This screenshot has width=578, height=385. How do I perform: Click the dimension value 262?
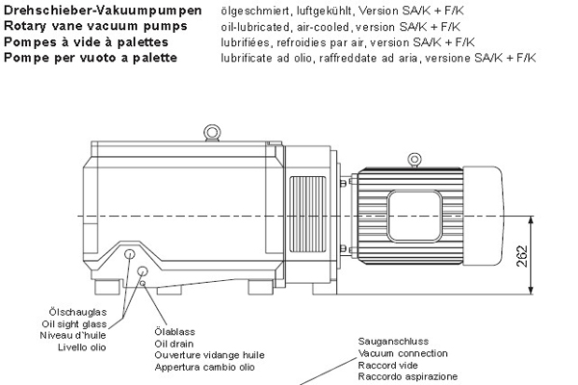[522, 256]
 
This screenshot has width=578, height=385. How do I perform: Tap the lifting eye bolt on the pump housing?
[212, 132]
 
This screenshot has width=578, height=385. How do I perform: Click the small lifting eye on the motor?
[414, 160]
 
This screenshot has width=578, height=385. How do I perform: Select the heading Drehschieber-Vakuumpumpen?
[103, 11]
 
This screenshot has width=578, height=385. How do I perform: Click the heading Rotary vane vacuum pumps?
[95, 26]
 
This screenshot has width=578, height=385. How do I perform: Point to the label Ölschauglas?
[78, 312]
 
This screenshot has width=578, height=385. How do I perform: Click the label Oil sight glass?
[74, 324]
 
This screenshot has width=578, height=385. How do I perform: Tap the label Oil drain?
[174, 344]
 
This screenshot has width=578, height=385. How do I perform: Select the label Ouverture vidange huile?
[209, 355]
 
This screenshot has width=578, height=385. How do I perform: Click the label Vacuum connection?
[403, 353]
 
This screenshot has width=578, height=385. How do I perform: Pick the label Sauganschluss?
[393, 341]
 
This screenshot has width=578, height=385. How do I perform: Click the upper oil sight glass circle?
[130, 254]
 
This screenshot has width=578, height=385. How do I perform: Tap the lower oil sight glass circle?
[143, 271]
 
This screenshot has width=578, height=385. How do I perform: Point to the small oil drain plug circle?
[143, 283]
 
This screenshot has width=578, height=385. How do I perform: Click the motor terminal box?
[414, 217]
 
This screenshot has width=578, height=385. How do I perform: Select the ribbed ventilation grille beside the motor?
[308, 214]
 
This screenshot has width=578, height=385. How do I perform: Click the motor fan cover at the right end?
[483, 216]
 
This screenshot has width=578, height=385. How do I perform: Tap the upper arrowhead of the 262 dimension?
[531, 219]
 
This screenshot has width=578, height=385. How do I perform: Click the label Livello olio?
[82, 347]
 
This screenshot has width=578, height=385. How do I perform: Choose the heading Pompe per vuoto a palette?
[91, 58]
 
